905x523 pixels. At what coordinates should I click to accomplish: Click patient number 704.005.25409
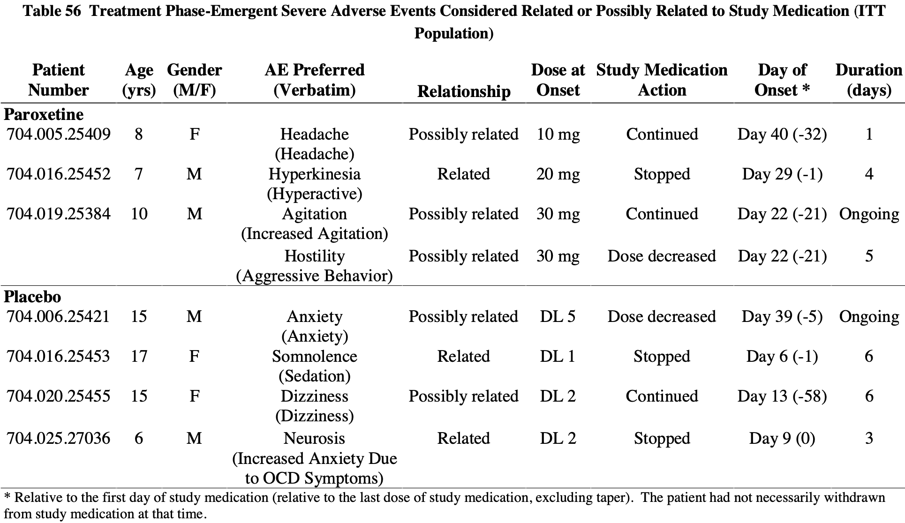(x=59, y=134)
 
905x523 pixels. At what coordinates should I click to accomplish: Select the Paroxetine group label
(x=44, y=114)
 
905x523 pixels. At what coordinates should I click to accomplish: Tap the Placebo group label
(x=32, y=297)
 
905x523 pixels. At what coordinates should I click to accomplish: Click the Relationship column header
(x=463, y=91)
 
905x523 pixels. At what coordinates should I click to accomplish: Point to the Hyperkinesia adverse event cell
(x=314, y=183)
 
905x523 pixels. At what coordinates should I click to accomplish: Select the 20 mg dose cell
(x=558, y=174)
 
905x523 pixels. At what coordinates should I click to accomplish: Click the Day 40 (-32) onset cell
(x=782, y=134)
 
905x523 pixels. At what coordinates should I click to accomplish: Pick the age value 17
(x=139, y=357)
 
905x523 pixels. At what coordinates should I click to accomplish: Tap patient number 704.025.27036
(x=59, y=439)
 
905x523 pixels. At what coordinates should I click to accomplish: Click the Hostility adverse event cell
(x=314, y=265)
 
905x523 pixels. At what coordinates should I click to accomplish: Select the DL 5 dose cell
(x=558, y=317)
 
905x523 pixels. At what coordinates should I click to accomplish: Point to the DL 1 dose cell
(x=558, y=357)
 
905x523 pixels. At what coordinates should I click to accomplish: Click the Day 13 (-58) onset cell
(x=782, y=396)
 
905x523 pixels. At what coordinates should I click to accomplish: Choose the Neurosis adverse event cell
(x=314, y=458)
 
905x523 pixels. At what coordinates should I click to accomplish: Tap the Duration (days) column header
(x=868, y=80)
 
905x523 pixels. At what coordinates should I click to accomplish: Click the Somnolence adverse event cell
(x=314, y=366)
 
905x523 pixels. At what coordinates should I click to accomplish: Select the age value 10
(x=139, y=214)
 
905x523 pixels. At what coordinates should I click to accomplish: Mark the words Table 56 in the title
(x=52, y=11)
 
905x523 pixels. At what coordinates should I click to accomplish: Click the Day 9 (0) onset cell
(x=782, y=439)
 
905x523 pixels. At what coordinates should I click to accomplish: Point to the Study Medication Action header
(x=662, y=80)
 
